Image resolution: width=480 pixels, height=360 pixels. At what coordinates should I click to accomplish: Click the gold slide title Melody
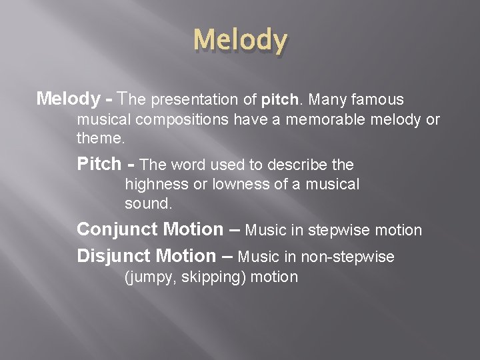click(x=240, y=41)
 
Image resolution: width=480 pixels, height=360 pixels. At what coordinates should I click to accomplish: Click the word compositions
click(x=177, y=120)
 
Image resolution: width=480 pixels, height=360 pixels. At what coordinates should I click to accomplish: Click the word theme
click(x=100, y=139)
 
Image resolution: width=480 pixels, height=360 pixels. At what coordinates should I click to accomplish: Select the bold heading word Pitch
click(x=99, y=163)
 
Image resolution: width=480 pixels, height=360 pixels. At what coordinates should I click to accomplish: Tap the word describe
click(x=298, y=165)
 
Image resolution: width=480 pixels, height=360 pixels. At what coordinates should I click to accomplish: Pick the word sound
click(x=148, y=203)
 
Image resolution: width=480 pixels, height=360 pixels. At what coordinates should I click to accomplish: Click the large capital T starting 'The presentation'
click(x=121, y=99)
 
